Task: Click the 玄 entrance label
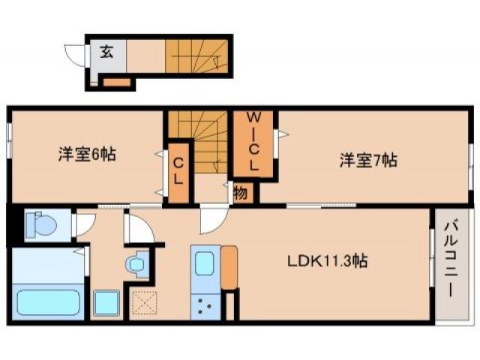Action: pyautogui.click(x=106, y=52)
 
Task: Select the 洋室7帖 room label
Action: pyautogui.click(x=368, y=160)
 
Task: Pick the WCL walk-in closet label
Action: pyautogui.click(x=254, y=141)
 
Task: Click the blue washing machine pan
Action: pyautogui.click(x=106, y=303)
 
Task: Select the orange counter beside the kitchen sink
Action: pyautogui.click(x=229, y=266)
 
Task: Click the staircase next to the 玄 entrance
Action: pyautogui.click(x=196, y=56)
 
